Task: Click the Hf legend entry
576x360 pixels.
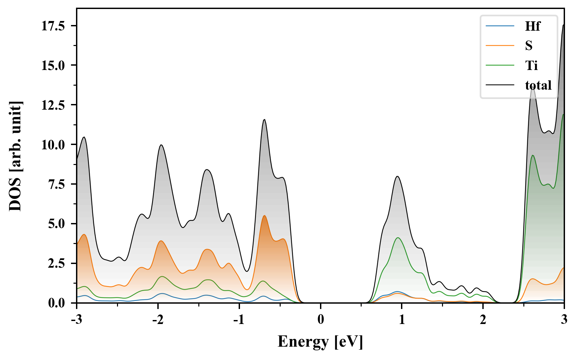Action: coord(532,26)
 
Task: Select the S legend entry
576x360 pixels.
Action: coord(529,46)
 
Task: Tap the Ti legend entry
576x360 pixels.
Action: coord(531,65)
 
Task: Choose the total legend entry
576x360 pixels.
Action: coord(538,85)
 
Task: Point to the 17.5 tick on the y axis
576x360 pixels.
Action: coord(53,26)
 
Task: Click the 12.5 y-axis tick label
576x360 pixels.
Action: coord(53,105)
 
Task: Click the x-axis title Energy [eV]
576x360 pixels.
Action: coord(320,342)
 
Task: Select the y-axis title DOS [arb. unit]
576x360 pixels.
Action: coord(15,156)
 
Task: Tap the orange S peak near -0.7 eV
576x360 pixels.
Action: coord(264,216)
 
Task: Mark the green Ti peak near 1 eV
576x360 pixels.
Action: coord(398,238)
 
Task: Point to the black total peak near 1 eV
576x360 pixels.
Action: coord(398,176)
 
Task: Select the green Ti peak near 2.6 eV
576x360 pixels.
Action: coord(533,155)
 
